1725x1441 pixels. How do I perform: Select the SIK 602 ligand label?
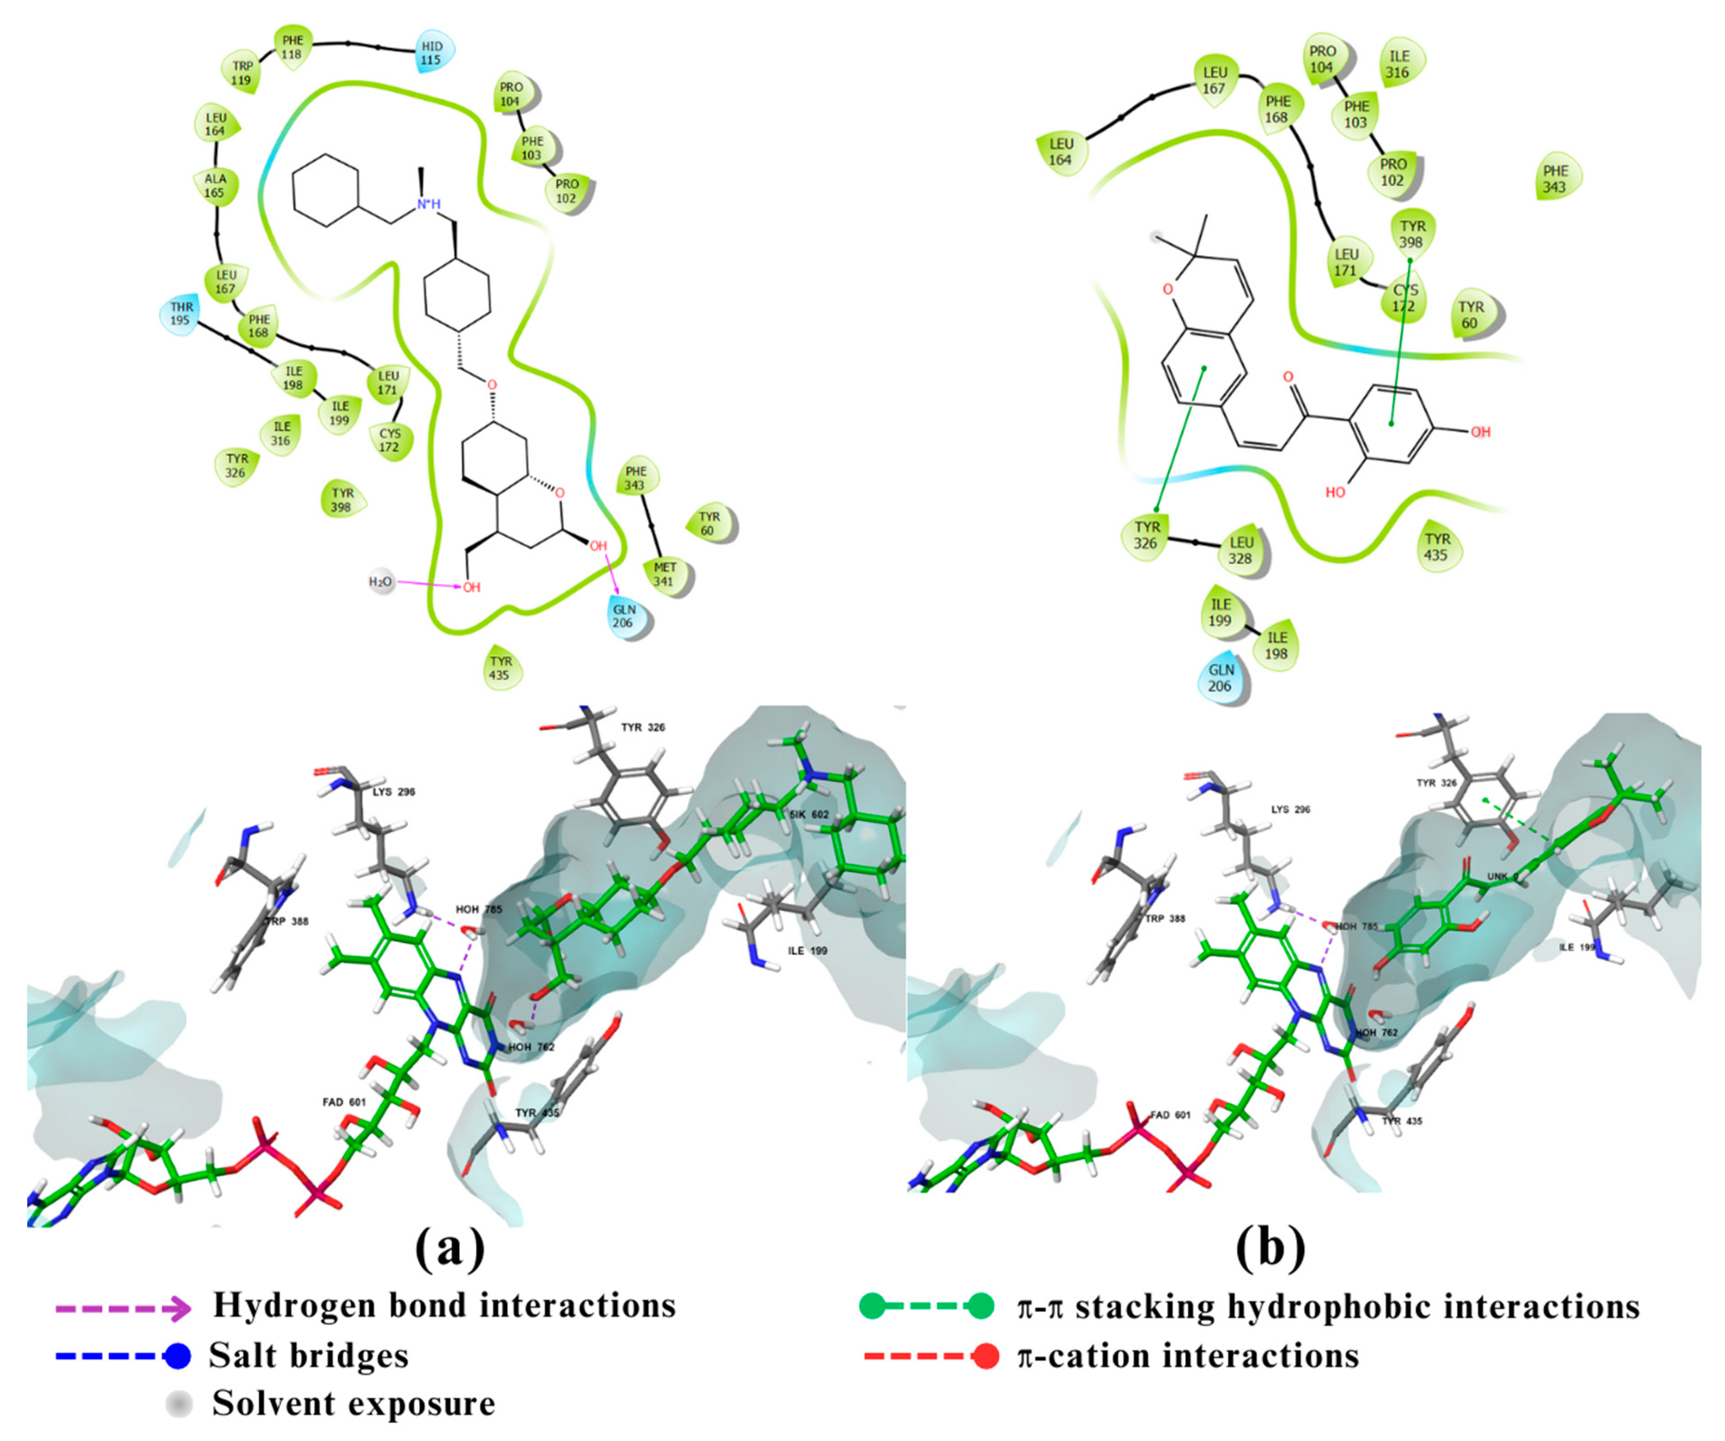pos(809,814)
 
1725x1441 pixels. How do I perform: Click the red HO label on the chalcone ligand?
pos(1336,492)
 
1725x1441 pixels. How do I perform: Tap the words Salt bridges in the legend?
pos(309,1356)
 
